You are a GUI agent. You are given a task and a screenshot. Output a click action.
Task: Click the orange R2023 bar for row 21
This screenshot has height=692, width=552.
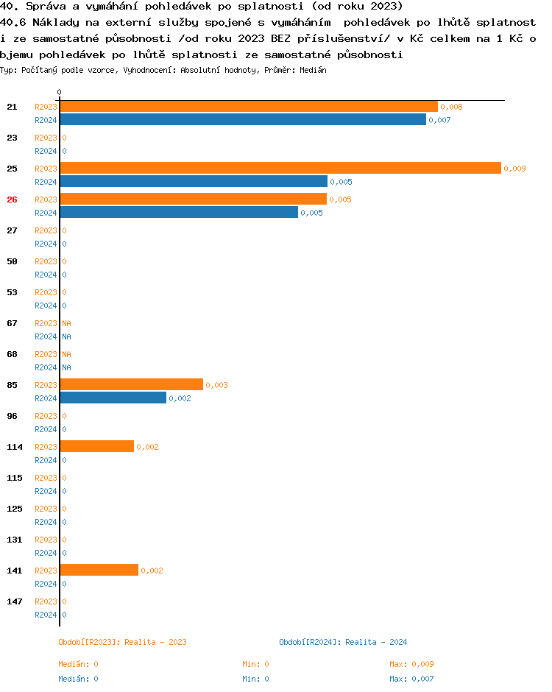pos(249,107)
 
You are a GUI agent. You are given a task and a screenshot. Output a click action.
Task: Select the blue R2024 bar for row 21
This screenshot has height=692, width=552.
pos(243,120)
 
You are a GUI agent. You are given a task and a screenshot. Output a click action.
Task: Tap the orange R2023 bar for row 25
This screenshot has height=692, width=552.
pos(280,169)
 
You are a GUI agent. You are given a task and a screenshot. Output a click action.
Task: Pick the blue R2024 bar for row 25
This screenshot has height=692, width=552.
pos(194,182)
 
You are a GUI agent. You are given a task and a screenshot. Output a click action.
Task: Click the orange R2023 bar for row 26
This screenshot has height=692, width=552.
pos(193,200)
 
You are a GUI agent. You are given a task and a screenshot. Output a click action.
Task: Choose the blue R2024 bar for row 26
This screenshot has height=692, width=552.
pos(179,213)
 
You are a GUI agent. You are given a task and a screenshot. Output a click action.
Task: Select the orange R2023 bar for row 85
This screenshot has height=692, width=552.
pos(131,385)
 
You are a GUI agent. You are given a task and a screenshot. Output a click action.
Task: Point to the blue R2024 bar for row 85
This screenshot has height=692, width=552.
pos(113,398)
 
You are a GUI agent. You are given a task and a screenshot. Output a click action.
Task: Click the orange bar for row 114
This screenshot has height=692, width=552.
pos(97,447)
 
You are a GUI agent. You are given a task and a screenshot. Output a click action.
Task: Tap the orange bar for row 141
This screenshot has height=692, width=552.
pos(99,571)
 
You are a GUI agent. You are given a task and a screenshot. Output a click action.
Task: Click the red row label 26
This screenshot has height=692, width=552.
pos(12,200)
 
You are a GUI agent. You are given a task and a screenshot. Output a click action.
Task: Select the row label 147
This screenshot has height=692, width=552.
pos(14,601)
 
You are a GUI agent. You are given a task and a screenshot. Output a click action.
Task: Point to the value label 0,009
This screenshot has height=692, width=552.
pos(514,169)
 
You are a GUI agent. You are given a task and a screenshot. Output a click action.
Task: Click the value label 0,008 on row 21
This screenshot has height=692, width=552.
pos(451,107)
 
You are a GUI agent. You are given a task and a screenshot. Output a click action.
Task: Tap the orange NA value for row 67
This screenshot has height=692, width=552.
pos(66,323)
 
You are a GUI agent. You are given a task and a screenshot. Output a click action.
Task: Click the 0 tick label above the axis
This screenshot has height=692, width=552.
pos(60,92)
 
